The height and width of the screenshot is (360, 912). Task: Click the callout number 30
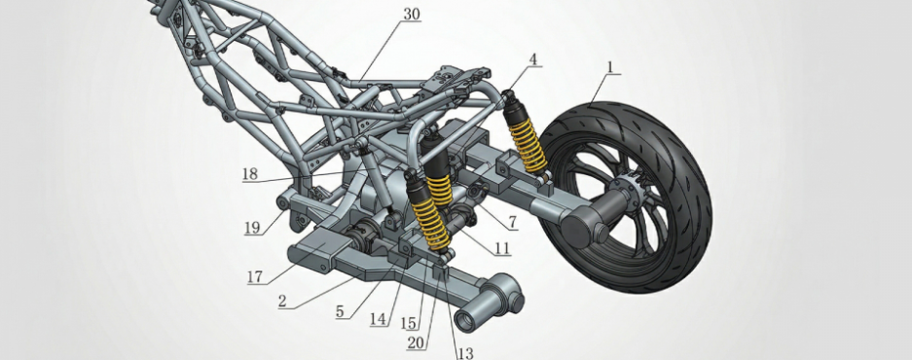[x=411, y=15]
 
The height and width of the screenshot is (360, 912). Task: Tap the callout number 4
[x=533, y=59]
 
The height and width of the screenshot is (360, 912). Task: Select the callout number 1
[x=610, y=67]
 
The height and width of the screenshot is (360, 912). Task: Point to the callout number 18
[x=250, y=174]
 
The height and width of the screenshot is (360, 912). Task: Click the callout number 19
[x=252, y=228]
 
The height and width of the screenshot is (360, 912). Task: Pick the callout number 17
[x=255, y=276]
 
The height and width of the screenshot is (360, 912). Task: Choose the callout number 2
[x=282, y=302]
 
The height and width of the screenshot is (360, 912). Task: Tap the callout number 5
[x=340, y=311]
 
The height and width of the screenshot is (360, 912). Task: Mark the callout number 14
[x=378, y=319]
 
